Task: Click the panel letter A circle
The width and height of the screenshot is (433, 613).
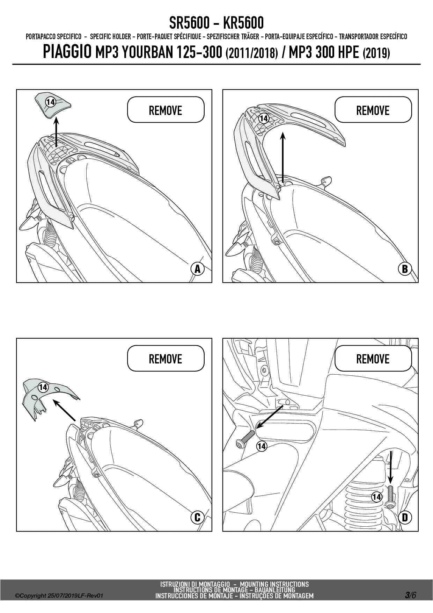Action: pos(198,269)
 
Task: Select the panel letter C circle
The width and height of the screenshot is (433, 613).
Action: pos(197,517)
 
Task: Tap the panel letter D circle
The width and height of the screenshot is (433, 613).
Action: pos(405,517)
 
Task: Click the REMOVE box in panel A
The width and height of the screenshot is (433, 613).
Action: pos(166,110)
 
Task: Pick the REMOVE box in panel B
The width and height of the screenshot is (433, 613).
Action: pos(373,110)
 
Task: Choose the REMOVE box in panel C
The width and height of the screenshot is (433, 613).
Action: pos(166,359)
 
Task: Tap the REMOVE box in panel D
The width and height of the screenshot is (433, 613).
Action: pos(373,359)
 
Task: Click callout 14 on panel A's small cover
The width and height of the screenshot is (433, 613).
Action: pos(51,102)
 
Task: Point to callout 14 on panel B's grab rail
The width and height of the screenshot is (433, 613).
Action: pos(264,118)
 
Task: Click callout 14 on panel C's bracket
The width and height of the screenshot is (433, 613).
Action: pos(43,387)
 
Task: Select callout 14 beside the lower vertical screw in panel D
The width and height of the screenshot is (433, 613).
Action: pos(376,496)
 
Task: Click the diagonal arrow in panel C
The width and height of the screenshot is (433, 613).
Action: pos(64,410)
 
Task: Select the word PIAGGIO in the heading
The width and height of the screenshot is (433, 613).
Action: pos(67,52)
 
